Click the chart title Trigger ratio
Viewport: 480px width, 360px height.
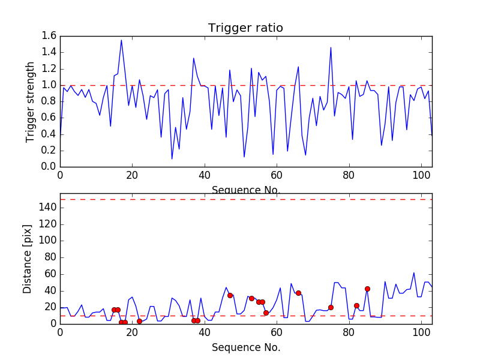[x=245, y=28]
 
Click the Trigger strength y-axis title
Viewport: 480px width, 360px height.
[x=31, y=101]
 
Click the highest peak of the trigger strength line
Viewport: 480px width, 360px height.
[x=121, y=40]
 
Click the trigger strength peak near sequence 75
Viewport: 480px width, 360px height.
[x=331, y=47]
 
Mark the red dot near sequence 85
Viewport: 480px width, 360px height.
[x=367, y=289]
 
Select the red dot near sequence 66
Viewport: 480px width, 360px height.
[x=298, y=293]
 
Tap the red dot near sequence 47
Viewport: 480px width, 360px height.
[x=230, y=295]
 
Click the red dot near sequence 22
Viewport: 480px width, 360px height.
[x=139, y=321]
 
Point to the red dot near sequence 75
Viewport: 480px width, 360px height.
[x=331, y=307]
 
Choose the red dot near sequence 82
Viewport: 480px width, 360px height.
[x=356, y=305]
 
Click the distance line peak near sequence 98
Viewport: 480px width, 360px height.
[x=414, y=272]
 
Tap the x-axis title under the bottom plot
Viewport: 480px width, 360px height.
[x=245, y=347]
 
